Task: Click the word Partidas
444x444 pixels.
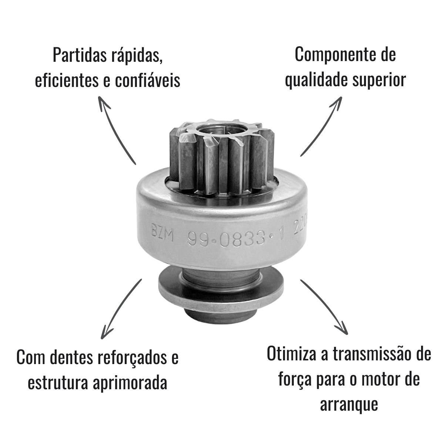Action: [x=80, y=55]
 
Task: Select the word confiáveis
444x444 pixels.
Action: [x=148, y=80]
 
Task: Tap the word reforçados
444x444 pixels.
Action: [x=132, y=358]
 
